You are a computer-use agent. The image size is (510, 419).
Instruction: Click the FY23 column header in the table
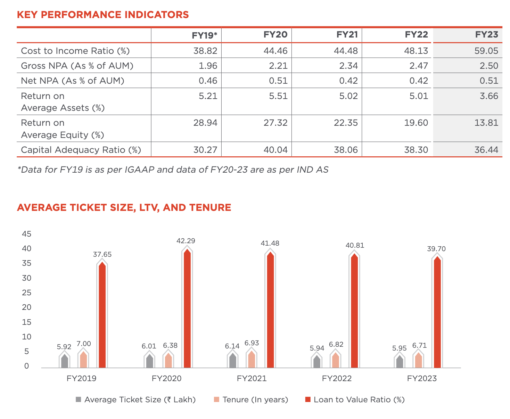(x=486, y=34)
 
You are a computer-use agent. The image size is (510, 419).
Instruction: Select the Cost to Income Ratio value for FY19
(x=205, y=51)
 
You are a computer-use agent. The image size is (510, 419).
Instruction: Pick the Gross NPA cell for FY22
(x=418, y=66)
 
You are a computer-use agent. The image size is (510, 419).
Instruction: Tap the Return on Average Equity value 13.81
(x=486, y=123)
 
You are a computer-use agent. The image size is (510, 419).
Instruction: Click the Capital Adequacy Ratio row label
(x=81, y=150)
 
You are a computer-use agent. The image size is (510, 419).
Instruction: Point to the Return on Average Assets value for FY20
(x=278, y=96)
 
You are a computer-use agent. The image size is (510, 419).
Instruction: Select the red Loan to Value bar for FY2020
(x=187, y=308)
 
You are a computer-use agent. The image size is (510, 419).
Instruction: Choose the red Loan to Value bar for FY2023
(x=437, y=312)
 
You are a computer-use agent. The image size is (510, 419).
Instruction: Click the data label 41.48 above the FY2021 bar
(x=270, y=243)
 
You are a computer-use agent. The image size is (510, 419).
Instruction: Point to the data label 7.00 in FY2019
(x=83, y=344)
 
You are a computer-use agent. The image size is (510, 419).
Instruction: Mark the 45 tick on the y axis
(x=27, y=234)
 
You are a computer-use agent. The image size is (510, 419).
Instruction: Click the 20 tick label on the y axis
(x=27, y=307)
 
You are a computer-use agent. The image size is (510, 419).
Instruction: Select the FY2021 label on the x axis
(x=252, y=378)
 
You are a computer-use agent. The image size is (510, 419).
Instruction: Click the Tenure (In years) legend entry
(x=251, y=400)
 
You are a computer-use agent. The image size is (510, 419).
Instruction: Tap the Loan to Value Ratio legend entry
(x=355, y=400)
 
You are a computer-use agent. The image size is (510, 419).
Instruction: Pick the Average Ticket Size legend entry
(x=135, y=400)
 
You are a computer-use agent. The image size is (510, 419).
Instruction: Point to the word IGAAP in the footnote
(x=139, y=170)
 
